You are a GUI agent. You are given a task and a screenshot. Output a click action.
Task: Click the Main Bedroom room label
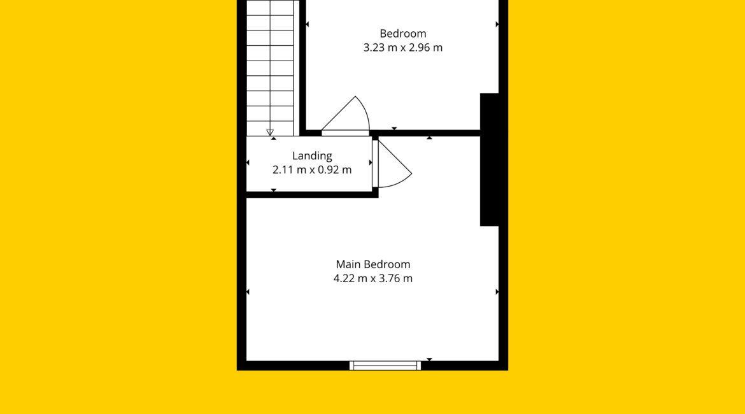tap(373, 264)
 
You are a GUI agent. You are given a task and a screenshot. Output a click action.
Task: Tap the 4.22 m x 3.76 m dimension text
tap(373, 278)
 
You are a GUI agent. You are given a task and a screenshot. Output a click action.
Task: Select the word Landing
tap(312, 156)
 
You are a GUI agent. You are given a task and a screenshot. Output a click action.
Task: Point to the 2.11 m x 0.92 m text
tap(312, 169)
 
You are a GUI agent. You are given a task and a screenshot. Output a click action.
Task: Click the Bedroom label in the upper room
tap(403, 34)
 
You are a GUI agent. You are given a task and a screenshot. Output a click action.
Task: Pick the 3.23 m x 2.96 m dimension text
tap(403, 48)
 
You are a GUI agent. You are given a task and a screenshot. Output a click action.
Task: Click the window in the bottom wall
tap(385, 366)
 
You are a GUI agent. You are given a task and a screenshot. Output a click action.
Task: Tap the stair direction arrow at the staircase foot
tap(270, 132)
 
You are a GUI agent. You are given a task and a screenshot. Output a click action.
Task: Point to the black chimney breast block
tap(490, 160)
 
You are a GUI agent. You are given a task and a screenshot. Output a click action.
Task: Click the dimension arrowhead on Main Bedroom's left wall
tap(248, 292)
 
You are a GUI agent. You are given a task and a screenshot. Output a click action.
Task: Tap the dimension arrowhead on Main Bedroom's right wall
tap(497, 292)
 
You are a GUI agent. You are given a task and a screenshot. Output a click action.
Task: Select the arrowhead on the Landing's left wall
tap(248, 162)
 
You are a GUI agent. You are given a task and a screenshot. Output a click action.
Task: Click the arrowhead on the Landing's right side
tap(371, 162)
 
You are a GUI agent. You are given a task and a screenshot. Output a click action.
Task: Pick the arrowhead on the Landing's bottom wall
tap(274, 190)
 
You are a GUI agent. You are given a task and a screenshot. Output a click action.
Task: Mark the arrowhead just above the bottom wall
tap(430, 359)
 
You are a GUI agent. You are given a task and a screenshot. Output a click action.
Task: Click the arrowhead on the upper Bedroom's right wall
tap(497, 24)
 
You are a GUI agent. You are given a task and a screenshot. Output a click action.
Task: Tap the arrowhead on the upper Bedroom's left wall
tap(308, 24)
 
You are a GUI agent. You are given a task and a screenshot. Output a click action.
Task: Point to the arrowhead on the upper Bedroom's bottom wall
tap(394, 128)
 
